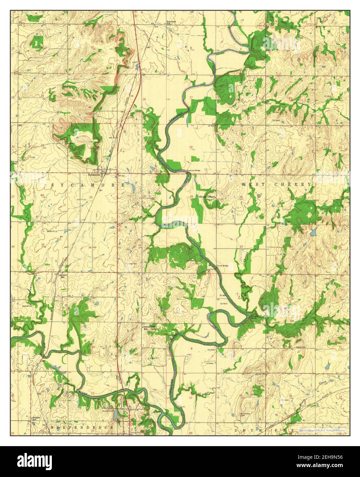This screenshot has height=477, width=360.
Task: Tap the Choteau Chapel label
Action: pos(207,197)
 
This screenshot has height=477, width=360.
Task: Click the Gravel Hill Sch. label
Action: pos(150,327)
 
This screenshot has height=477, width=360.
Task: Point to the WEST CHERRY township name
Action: pos(277,185)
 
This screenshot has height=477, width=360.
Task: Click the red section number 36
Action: pos(90,247)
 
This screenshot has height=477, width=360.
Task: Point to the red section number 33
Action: pos(241,246)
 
